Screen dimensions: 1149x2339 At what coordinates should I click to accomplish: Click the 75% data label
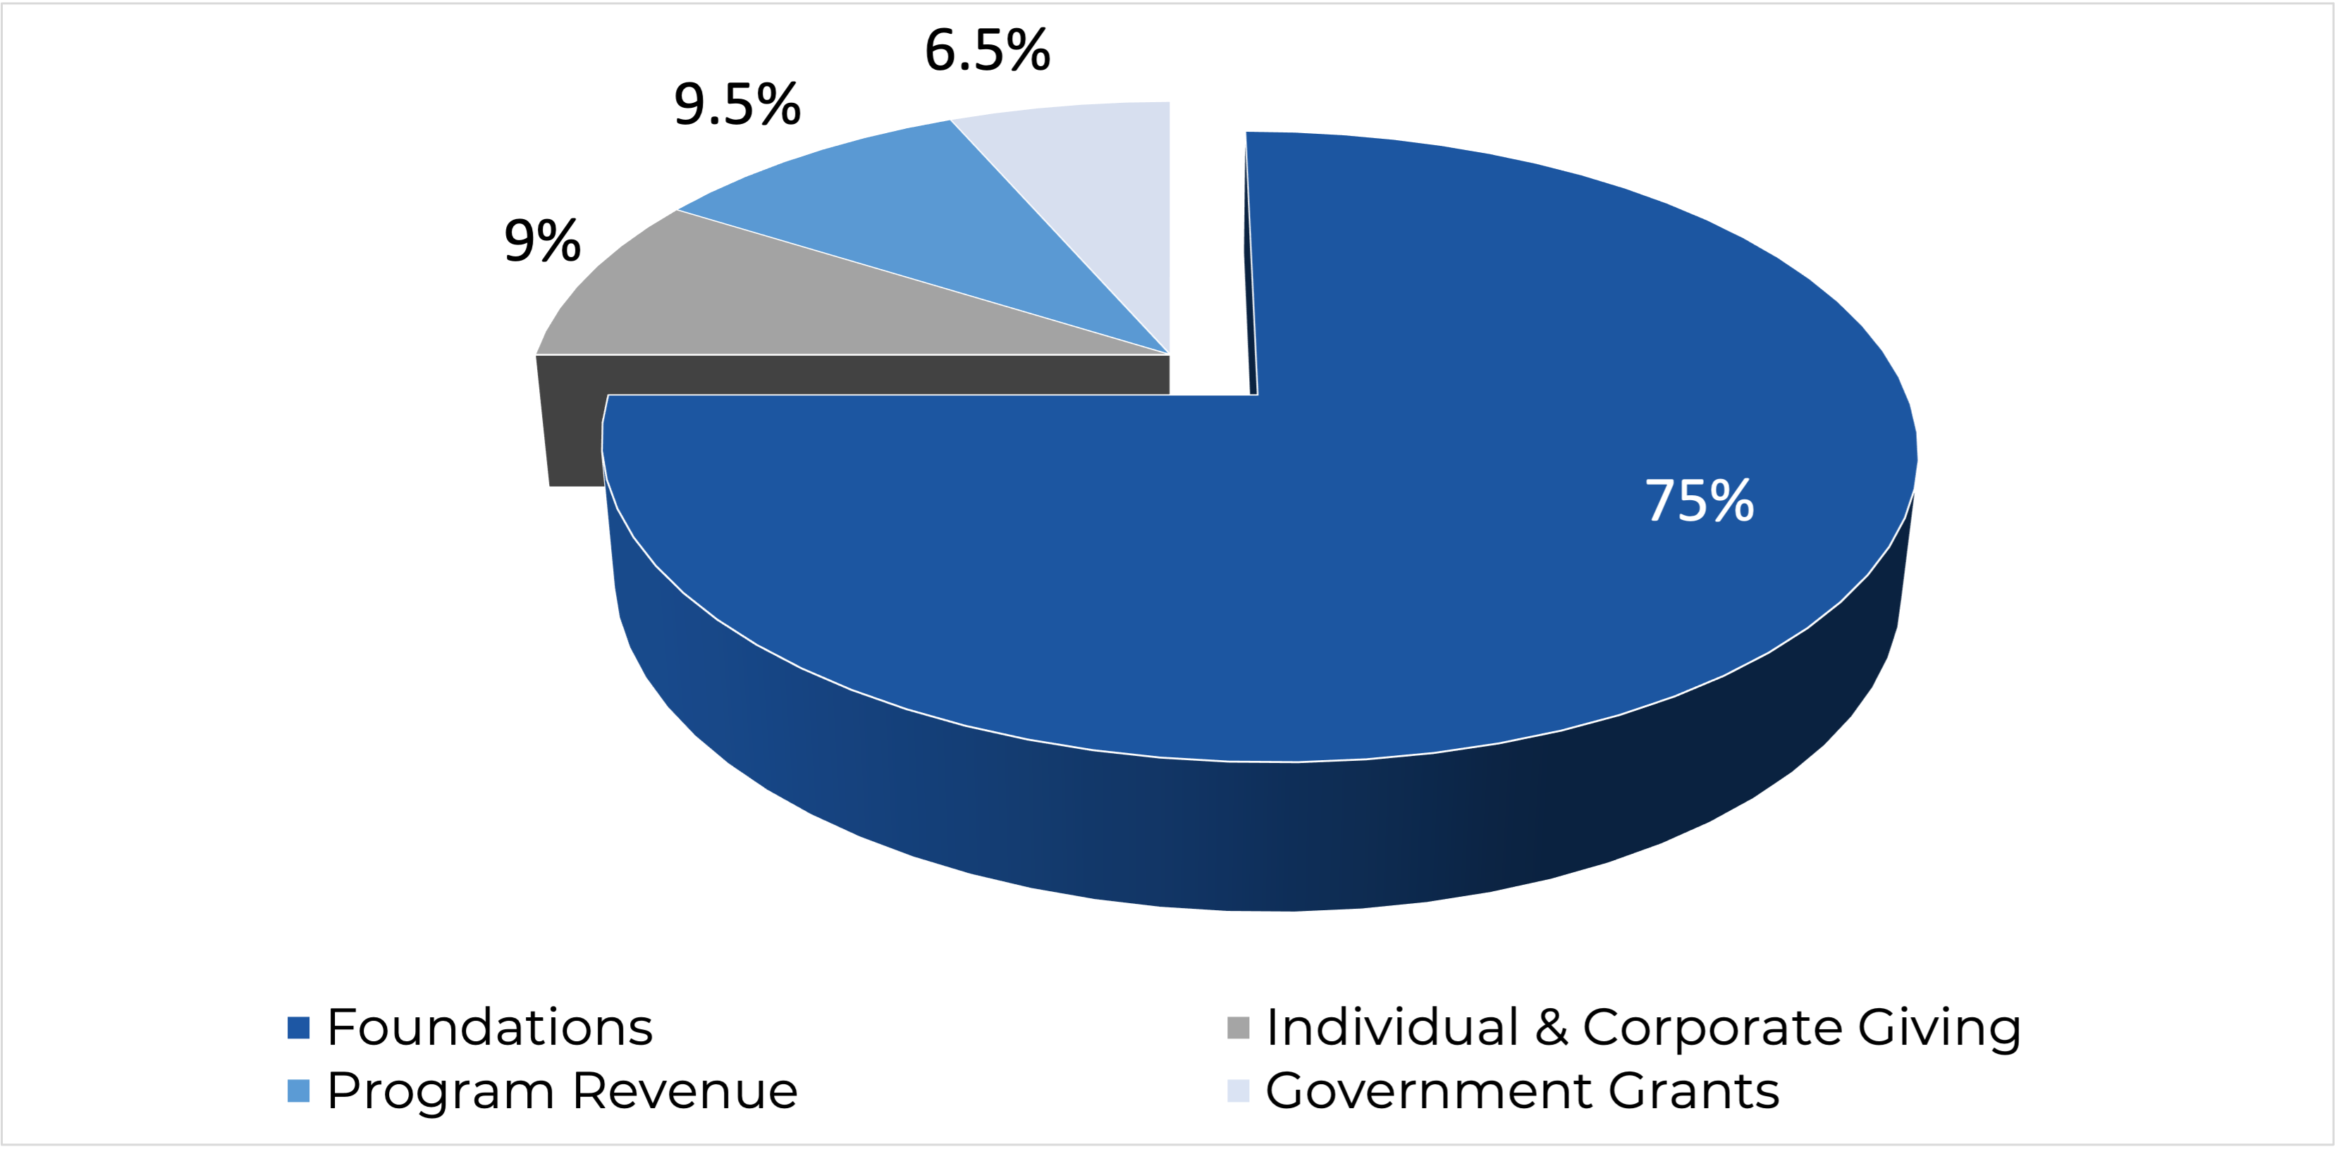tap(1699, 500)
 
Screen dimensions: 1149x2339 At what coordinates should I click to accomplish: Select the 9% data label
tap(542, 242)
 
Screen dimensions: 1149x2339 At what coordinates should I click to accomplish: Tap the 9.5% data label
tap(737, 104)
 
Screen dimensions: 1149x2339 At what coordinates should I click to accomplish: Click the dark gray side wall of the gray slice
tap(817, 374)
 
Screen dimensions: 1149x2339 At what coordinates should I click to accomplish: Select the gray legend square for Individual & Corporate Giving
tap(1238, 1027)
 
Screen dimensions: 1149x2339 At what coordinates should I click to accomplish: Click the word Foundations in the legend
tap(489, 1027)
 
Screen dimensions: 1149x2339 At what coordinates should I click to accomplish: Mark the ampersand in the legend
tap(1551, 1027)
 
